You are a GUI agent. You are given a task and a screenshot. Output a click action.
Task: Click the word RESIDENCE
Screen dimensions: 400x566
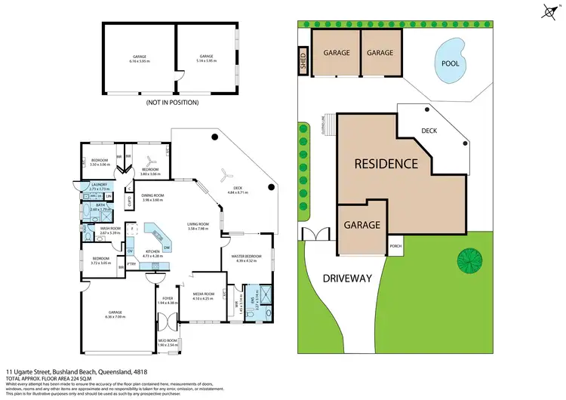[x=386, y=163]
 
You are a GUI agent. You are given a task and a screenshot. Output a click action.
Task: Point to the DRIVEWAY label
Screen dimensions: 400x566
[x=348, y=278]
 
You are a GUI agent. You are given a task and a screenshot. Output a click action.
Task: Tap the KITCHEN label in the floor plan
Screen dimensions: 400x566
[x=153, y=252]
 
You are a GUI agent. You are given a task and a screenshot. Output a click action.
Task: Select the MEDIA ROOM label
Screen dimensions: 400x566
[x=204, y=294]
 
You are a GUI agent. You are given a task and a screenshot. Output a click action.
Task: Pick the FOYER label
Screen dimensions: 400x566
[x=167, y=300]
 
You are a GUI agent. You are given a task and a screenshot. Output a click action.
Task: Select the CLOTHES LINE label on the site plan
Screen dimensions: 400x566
[x=323, y=121]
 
